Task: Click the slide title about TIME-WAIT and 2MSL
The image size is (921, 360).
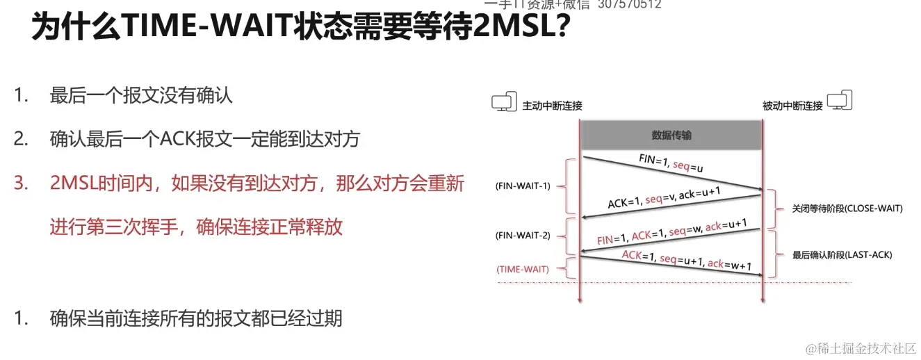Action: coord(302,29)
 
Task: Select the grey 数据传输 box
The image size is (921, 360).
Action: coord(671,136)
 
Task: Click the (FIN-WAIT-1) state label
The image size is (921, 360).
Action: coord(523,186)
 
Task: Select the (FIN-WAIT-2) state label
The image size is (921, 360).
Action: coord(523,235)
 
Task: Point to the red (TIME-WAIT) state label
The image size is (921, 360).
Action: coord(522,270)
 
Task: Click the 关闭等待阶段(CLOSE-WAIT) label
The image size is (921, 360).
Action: coord(847,208)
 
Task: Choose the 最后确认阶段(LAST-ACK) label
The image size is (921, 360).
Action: coord(842,255)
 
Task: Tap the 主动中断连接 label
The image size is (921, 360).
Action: coord(552,106)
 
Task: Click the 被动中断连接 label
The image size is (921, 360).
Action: coord(792,106)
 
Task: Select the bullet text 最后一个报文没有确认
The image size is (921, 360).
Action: coord(141,96)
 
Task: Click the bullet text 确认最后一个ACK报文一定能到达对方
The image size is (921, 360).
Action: coord(205,139)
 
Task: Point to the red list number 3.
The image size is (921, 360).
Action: coord(21,183)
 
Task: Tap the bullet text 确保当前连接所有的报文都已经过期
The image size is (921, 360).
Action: coord(196,318)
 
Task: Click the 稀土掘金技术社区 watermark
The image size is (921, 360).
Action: coord(860,347)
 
